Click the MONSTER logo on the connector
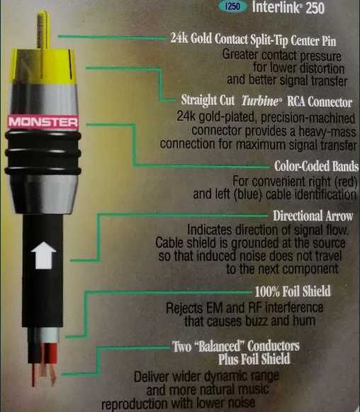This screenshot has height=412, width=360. coord(43,122)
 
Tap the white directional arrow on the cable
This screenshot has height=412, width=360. coord(44,254)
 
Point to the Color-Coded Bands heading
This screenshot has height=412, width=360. coord(315,167)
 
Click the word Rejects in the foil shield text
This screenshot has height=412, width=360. coord(186,308)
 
